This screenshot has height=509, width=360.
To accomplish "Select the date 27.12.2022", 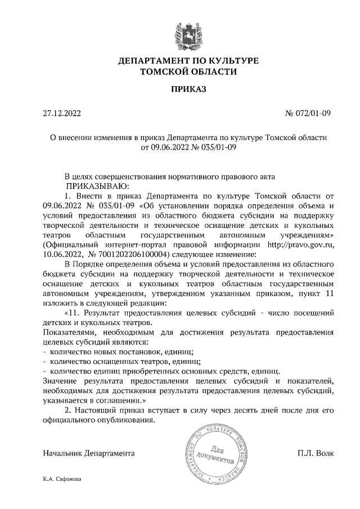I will click(62, 114).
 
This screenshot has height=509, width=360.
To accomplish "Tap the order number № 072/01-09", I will click(308, 114).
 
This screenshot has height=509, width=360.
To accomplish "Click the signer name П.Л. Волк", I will click(316, 453).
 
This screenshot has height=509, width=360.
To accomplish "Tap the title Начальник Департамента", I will click(88, 453).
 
